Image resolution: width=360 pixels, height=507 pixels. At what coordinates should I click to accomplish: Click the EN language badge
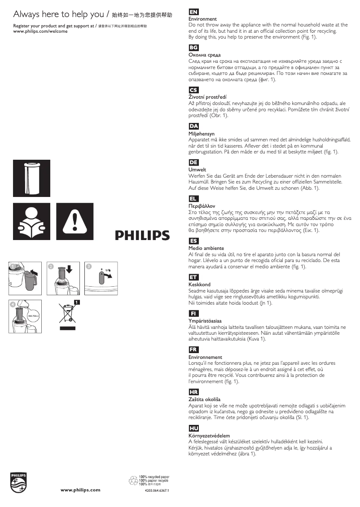[194, 12]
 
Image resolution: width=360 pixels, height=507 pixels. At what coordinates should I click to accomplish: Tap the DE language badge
[194, 162]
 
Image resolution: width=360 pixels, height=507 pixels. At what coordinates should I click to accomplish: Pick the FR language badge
[194, 350]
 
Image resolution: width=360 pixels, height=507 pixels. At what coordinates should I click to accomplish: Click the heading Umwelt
[197, 170]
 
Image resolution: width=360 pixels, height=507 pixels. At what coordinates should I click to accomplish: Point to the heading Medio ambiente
[206, 248]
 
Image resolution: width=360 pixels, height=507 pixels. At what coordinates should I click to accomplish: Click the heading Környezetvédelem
[209, 436]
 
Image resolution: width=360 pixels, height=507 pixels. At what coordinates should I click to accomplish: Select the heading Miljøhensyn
[202, 134]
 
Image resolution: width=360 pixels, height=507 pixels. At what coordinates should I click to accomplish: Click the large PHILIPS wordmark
[142, 235]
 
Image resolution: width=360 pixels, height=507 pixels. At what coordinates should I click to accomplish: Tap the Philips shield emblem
[19, 482]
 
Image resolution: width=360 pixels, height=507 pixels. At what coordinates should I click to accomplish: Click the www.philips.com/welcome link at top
[40, 32]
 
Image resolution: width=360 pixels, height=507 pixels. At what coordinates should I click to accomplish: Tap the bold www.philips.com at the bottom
[80, 490]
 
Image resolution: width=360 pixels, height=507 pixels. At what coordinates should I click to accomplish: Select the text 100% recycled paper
[154, 476]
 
